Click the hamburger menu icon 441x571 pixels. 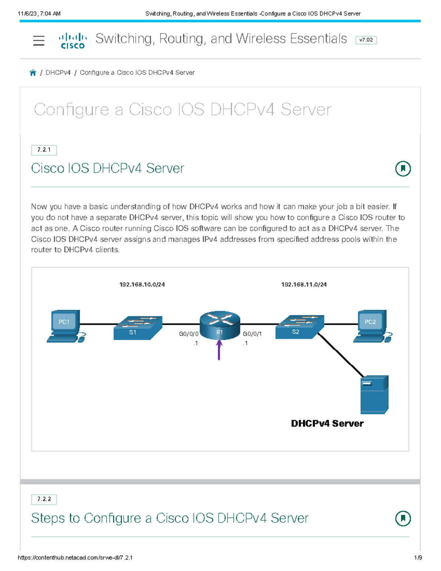[x=39, y=40]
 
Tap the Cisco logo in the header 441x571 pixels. [x=72, y=41]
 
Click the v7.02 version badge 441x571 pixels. [x=366, y=40]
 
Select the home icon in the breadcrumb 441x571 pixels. [x=33, y=73]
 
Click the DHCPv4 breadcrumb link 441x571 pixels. [x=58, y=73]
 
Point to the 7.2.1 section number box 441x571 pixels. [x=44, y=150]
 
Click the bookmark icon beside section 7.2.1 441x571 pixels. [x=403, y=169]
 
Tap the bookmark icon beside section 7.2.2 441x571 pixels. [x=403, y=518]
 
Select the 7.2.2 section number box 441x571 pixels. [x=44, y=499]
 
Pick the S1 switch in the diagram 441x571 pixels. [x=138, y=328]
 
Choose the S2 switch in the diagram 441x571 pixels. [x=300, y=327]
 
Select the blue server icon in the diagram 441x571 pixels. [x=374, y=395]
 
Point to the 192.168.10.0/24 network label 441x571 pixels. [x=142, y=285]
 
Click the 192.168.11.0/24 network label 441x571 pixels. [x=304, y=285]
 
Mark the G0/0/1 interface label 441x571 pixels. [x=252, y=334]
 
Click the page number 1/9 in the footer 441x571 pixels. [x=418, y=557]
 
